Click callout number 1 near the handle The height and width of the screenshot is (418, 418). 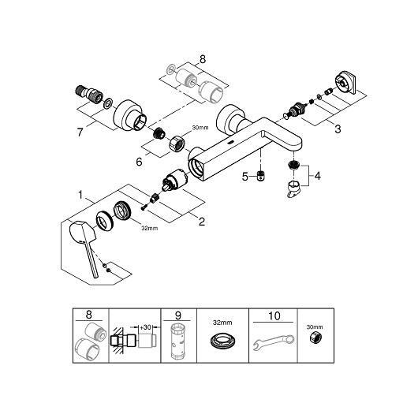[x=80, y=195]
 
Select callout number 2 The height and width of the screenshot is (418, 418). [x=202, y=222]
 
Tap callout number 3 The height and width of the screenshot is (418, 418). [x=338, y=129]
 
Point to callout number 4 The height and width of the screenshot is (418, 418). [x=318, y=176]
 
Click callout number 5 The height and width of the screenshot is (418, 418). [x=245, y=177]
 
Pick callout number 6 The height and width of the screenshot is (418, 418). [x=139, y=162]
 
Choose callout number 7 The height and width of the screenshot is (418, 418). [x=80, y=132]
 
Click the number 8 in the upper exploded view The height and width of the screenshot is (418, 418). [x=203, y=59]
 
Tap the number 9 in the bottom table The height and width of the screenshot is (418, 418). [x=178, y=315]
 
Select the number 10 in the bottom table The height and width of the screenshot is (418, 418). [x=274, y=316]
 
